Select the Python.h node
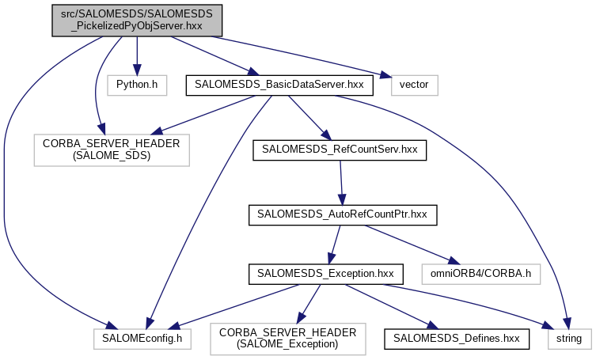[x=136, y=83]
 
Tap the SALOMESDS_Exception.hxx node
[x=327, y=275]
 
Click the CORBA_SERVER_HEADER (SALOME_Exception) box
[x=288, y=338]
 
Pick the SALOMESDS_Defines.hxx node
[x=456, y=338]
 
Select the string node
[x=568, y=338]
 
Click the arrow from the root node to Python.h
[x=137, y=55]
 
